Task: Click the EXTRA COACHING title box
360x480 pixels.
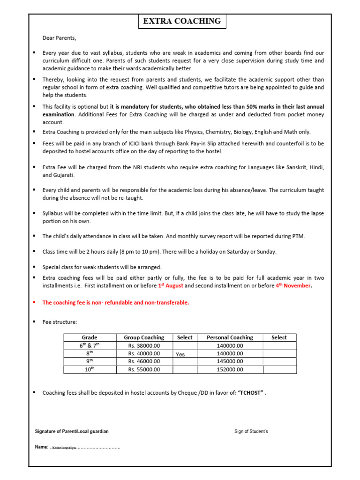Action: [181, 22]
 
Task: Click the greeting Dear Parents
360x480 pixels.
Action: [59, 38]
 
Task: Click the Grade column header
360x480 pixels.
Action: [90, 337]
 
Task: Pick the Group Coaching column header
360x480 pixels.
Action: [144, 337]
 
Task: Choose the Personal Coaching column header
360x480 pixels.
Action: [230, 337]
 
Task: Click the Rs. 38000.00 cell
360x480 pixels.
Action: [144, 346]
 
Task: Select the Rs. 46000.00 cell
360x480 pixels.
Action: [144, 361]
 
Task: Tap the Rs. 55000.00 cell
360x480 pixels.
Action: [144, 369]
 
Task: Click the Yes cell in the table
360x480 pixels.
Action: [180, 354]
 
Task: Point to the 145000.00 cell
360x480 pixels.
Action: [230, 361]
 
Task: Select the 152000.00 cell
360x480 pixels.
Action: [230, 369]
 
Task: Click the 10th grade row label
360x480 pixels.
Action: [90, 369]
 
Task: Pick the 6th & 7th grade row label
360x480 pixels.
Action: [90, 346]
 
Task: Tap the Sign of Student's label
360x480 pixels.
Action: [251, 431]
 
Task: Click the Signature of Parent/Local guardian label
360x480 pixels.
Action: [72, 431]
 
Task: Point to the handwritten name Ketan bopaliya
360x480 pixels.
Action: [64, 448]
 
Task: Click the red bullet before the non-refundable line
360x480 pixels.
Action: [35, 302]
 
